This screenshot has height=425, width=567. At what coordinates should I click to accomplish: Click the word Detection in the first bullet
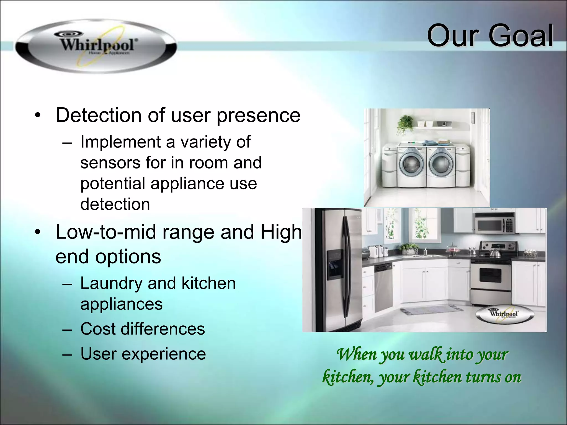pos(98,115)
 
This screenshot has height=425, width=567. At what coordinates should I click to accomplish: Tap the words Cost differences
pos(142,329)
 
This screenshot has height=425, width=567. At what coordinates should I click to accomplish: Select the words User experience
pos(143,354)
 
